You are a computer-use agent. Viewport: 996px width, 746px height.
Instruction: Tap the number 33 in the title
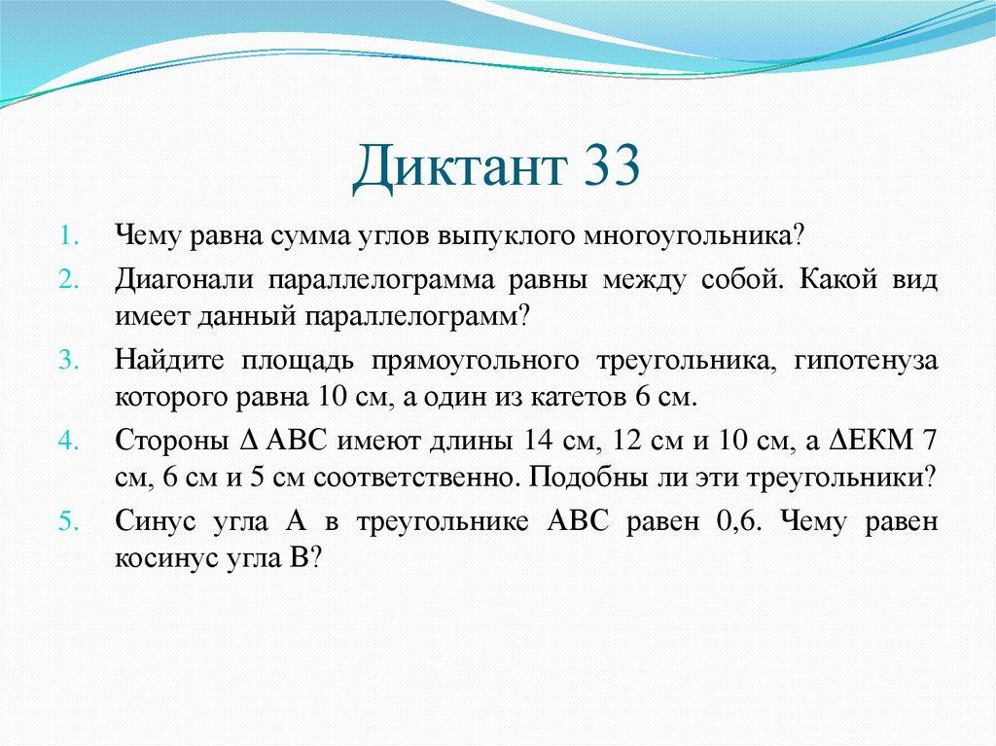(612, 164)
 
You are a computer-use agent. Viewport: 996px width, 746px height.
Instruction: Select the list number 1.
(69, 236)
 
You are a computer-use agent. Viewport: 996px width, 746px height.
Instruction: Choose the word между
(644, 280)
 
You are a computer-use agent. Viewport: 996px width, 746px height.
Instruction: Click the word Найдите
(169, 360)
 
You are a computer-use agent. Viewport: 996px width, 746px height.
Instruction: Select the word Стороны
(172, 441)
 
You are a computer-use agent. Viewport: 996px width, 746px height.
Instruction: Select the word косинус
(166, 559)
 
